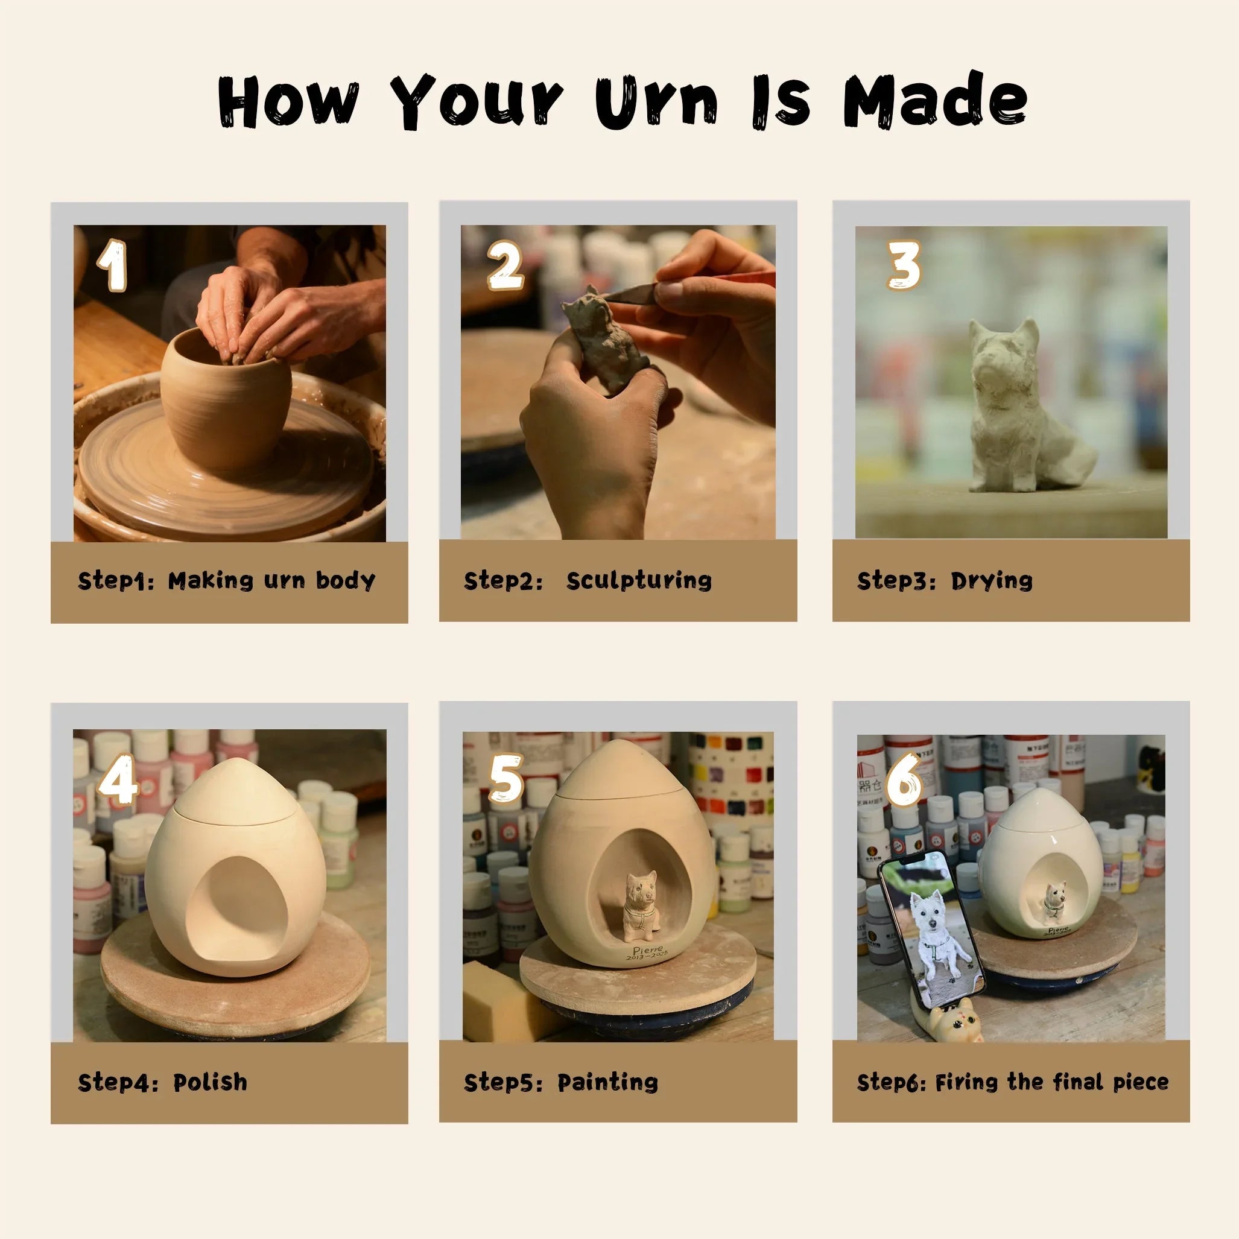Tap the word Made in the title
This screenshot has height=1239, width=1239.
pyautogui.click(x=934, y=101)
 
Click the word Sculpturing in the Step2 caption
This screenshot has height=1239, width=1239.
pyautogui.click(x=639, y=580)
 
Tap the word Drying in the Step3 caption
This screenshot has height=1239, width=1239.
pyautogui.click(x=992, y=580)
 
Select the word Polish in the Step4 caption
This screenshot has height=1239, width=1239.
pyautogui.click(x=211, y=1082)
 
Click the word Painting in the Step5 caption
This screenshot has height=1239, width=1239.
pyautogui.click(x=607, y=1082)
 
